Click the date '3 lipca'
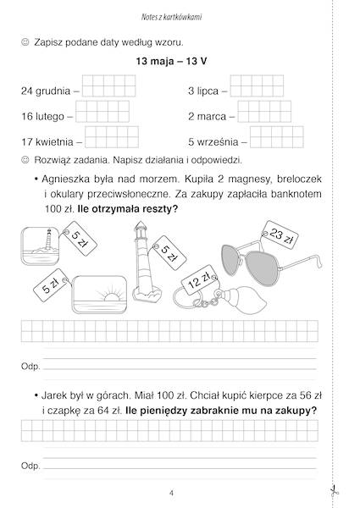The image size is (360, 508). click(x=204, y=90)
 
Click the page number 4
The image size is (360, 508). click(x=172, y=494)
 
